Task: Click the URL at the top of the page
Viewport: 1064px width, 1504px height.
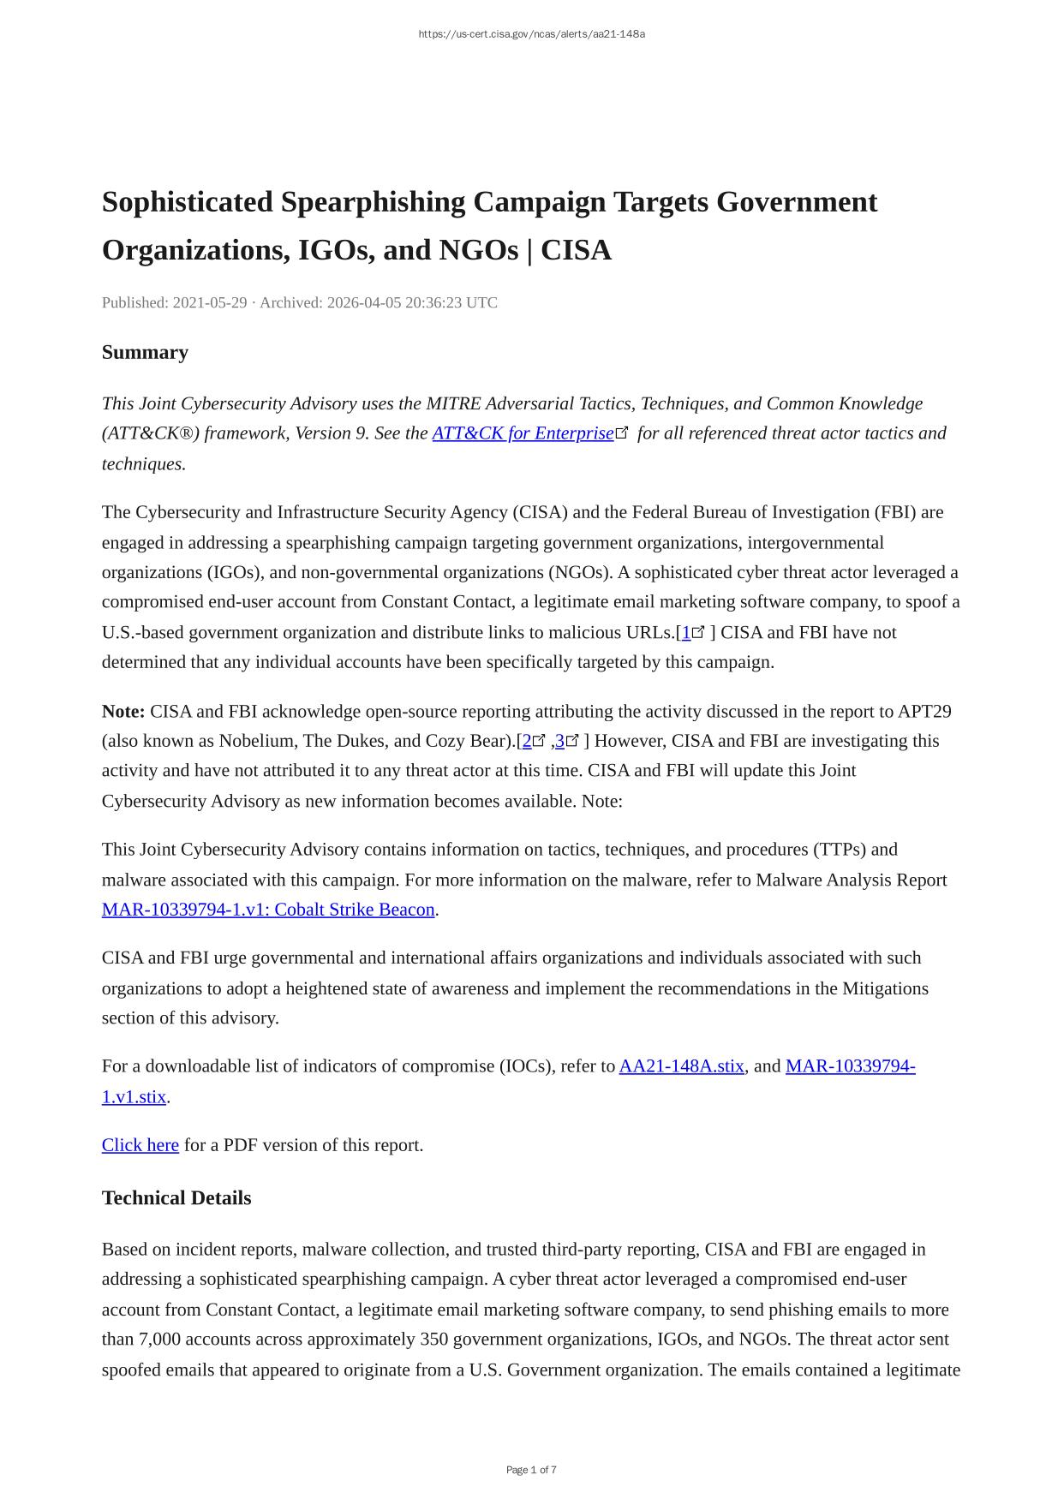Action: point(531,34)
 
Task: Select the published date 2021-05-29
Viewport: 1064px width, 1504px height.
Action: point(210,302)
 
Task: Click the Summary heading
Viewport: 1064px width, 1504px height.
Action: point(145,352)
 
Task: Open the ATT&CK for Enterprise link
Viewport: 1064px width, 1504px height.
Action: point(523,433)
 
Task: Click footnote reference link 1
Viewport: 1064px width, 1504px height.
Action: point(686,633)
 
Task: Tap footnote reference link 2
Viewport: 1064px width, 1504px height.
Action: point(527,741)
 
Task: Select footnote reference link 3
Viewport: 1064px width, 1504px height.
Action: point(560,741)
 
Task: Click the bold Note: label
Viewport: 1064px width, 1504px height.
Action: point(123,712)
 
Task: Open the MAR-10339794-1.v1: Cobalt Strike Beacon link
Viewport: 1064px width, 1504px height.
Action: point(268,910)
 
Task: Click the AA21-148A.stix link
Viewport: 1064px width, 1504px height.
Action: point(681,1066)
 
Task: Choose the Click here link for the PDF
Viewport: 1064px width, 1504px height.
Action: point(140,1145)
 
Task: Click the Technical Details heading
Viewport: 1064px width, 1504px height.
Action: point(176,1198)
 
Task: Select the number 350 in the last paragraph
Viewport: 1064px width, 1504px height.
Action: point(433,1340)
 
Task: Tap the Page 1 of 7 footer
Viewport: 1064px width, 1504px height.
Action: point(531,1470)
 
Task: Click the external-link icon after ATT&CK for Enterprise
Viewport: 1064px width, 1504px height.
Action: point(622,433)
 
